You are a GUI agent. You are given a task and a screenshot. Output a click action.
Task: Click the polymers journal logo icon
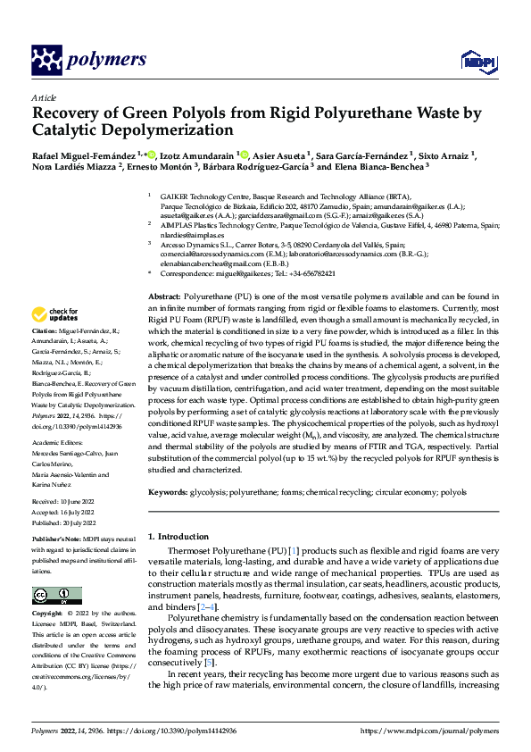[49, 60]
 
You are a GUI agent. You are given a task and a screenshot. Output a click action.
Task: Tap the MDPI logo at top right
[478, 60]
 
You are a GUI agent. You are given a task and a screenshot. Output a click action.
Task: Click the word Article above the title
[44, 97]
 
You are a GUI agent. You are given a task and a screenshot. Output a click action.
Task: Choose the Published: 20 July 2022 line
[64, 522]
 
